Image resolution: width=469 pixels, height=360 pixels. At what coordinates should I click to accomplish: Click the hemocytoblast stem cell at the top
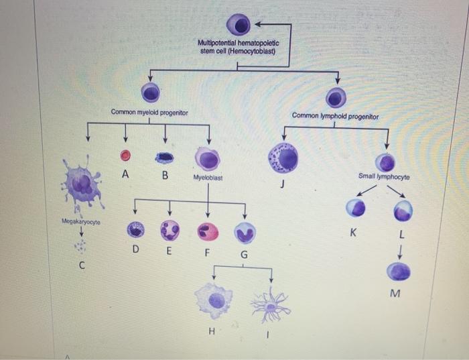(239, 25)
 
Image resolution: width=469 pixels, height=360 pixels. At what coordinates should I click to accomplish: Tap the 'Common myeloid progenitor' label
(149, 112)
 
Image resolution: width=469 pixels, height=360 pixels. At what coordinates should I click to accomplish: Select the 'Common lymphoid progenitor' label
(336, 116)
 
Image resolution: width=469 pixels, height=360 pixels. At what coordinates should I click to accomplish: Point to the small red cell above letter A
(125, 156)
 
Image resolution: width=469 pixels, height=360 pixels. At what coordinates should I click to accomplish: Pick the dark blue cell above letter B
(165, 158)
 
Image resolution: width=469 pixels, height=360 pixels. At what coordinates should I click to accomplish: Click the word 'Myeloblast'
(208, 178)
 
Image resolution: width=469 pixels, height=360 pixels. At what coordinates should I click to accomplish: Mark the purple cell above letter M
(401, 271)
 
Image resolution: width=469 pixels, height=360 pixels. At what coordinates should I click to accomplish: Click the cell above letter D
(137, 230)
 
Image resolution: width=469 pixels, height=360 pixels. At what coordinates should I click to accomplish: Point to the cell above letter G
(244, 232)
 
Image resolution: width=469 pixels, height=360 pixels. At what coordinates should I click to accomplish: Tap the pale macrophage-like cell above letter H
(216, 300)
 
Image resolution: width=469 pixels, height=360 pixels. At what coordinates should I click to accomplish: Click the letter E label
(169, 251)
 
